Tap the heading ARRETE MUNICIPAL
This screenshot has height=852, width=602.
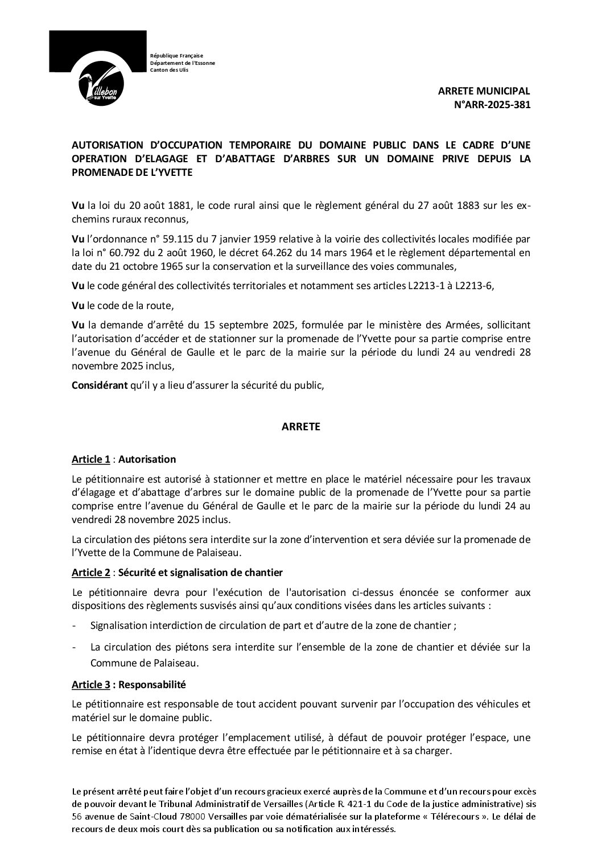coord(484,91)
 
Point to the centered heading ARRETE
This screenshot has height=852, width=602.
coord(301,427)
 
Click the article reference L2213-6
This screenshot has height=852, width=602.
coord(475,286)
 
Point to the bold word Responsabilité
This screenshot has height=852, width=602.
coord(152,685)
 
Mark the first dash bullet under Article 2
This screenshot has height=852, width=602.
coord(75,625)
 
